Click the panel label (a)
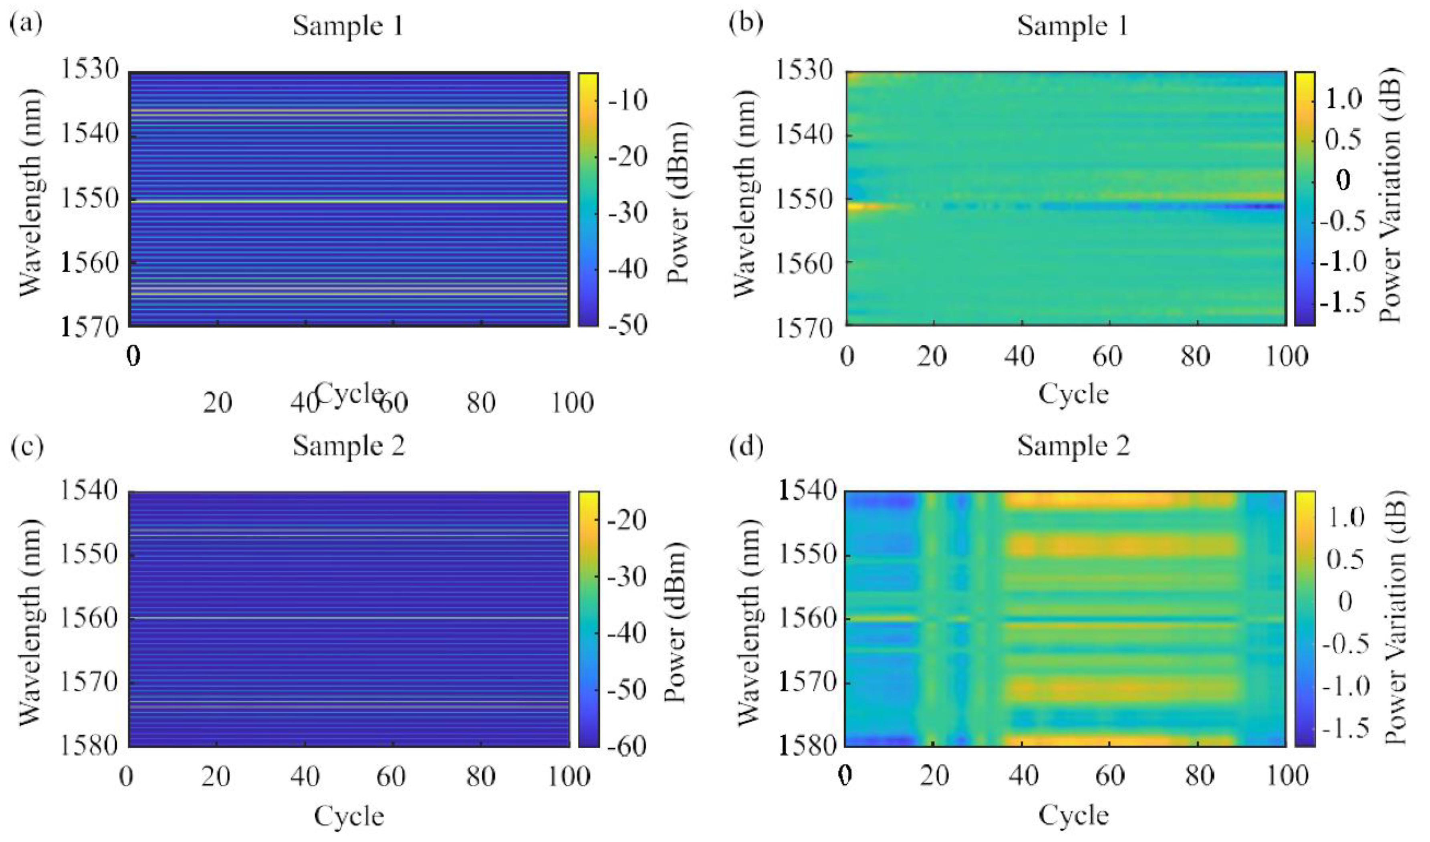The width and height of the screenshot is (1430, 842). [x=26, y=25]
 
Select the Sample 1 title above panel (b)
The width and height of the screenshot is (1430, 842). [x=1072, y=26]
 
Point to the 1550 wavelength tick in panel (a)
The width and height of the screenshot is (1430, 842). [x=90, y=199]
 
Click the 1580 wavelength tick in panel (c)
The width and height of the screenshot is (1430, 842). [x=90, y=745]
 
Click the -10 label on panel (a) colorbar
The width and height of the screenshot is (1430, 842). [x=627, y=101]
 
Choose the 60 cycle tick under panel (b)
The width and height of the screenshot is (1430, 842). [x=1109, y=356]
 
